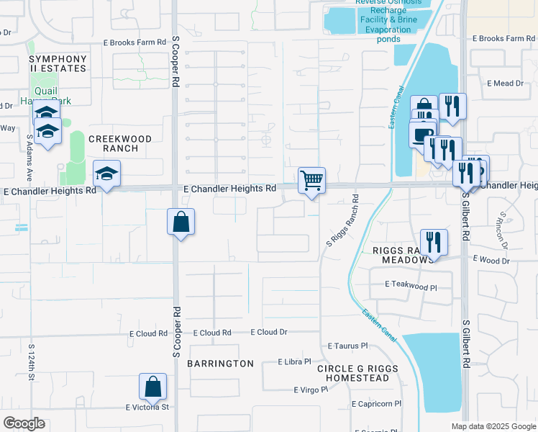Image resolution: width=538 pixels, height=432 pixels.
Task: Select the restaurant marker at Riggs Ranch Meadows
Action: (x=434, y=242)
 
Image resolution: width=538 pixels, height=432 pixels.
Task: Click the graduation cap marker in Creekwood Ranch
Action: (x=106, y=174)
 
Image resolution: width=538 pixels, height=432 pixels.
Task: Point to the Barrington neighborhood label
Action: (x=221, y=364)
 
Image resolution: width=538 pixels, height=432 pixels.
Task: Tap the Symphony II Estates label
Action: (x=58, y=63)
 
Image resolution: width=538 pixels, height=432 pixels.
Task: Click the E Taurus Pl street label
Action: (x=347, y=346)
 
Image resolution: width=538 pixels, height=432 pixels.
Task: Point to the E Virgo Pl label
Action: (x=310, y=390)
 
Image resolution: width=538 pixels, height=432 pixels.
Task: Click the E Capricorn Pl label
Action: (x=376, y=404)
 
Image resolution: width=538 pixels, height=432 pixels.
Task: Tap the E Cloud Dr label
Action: (x=269, y=333)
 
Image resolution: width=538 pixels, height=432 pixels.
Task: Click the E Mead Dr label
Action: (x=506, y=84)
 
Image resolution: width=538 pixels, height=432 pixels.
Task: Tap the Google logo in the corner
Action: (x=24, y=423)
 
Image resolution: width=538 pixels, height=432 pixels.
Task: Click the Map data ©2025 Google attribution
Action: (x=493, y=426)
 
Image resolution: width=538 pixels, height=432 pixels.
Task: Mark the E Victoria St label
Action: (x=147, y=407)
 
